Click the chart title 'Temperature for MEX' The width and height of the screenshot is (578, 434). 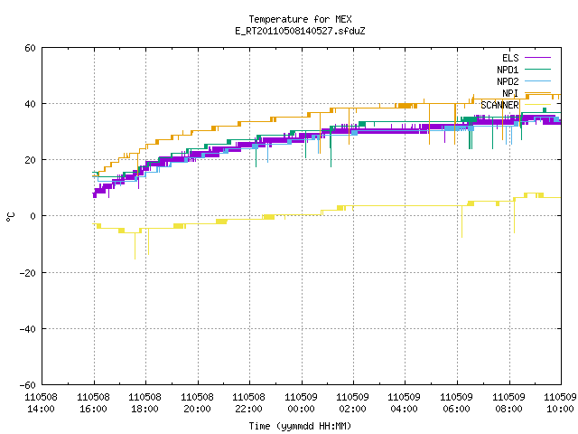300,19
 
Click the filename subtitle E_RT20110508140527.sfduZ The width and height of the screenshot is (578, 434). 300,31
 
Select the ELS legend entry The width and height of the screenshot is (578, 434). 527,58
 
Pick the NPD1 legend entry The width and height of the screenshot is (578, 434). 524,70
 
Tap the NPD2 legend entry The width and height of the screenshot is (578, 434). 524,81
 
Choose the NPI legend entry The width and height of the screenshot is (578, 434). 527,93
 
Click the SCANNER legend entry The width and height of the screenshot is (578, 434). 516,105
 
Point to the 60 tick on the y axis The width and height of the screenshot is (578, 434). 30,48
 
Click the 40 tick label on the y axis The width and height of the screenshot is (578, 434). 30,104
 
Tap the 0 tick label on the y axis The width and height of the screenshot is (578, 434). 33,216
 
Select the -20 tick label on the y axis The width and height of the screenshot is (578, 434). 28,273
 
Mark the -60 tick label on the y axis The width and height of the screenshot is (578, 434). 28,385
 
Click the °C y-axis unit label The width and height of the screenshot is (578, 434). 10,217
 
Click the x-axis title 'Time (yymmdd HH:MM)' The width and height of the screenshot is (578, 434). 300,426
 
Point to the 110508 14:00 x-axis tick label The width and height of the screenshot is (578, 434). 42,403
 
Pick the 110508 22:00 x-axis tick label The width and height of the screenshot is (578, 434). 249,403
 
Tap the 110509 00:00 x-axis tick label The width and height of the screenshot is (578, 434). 301,403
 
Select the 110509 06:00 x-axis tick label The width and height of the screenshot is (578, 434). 457,403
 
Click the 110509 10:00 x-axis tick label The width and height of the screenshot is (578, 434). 560,403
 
